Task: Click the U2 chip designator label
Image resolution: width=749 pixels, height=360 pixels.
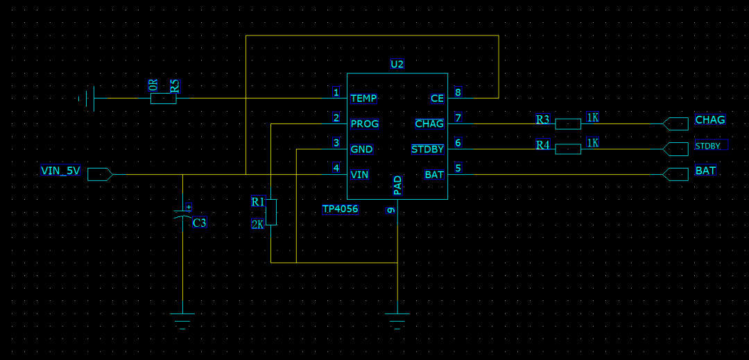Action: point(397,64)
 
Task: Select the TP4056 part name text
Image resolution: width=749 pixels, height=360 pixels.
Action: point(340,209)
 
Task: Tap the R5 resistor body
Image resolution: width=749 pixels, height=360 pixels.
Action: point(164,98)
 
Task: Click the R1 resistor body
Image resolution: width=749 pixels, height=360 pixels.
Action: point(271,212)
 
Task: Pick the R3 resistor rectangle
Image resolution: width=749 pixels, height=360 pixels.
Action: point(568,123)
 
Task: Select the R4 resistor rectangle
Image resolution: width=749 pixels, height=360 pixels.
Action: point(568,149)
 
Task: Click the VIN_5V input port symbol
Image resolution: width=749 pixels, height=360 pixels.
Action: point(100,174)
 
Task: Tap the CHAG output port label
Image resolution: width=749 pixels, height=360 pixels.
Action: point(710,119)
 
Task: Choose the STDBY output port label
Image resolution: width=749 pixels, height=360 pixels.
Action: point(711,145)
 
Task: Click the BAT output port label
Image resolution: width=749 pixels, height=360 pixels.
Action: point(705,171)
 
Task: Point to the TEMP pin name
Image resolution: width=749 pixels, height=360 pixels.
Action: point(363,98)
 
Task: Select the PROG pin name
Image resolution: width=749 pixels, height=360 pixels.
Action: point(365,123)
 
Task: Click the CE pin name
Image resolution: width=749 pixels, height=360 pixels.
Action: point(437,98)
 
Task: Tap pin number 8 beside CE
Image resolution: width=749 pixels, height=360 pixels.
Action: point(458,92)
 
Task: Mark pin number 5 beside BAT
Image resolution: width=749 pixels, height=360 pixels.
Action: point(458,168)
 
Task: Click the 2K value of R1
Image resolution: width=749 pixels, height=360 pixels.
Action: point(257,224)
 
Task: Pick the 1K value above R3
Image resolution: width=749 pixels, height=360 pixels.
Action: point(592,117)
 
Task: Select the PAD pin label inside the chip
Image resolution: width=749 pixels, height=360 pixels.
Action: point(397,185)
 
